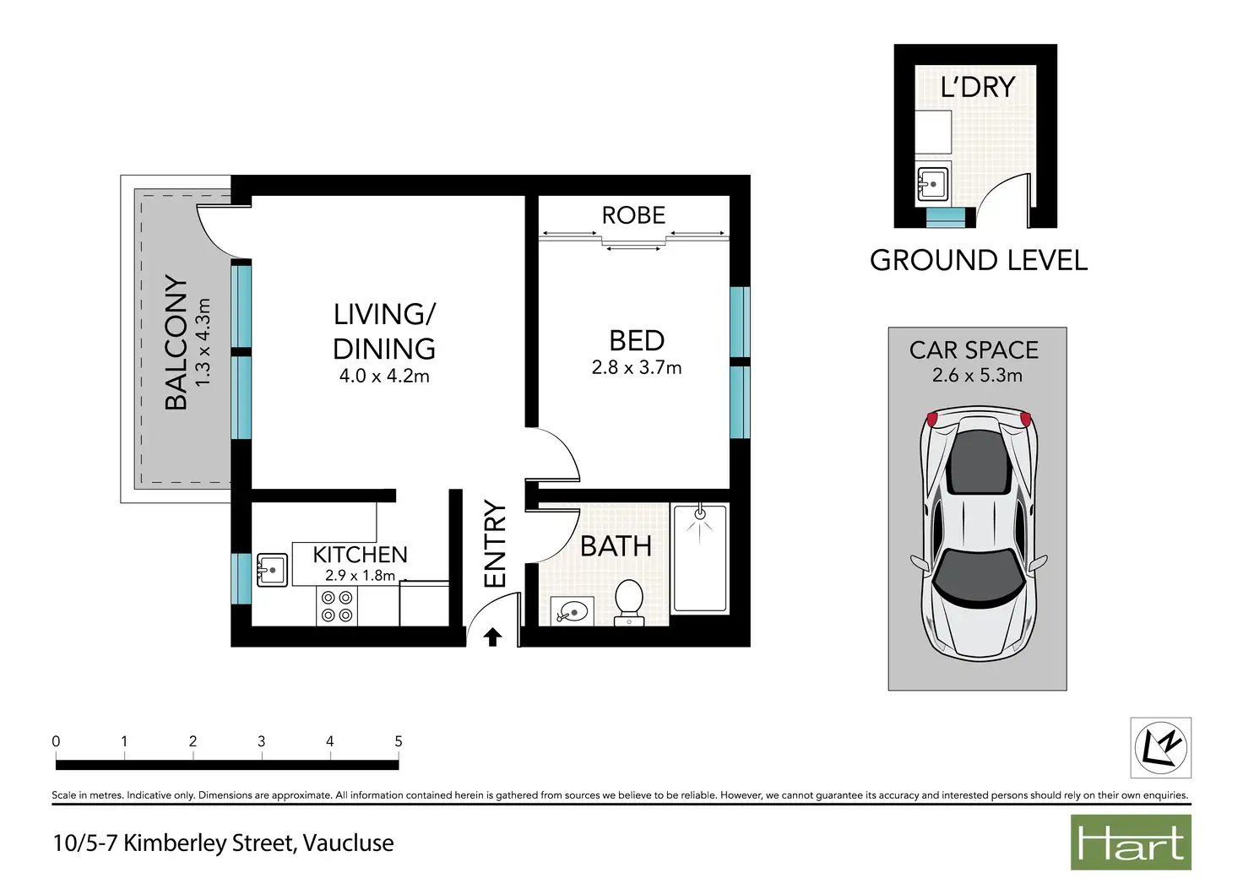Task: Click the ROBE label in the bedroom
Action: point(633,215)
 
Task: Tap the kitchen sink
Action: point(272,570)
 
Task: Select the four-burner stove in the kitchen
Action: point(337,607)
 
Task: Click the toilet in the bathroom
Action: point(629,603)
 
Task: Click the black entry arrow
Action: point(492,637)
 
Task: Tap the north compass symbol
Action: point(1161,748)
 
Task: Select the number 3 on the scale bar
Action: point(262,741)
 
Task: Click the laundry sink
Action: point(932,183)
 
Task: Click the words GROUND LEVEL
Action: point(979,260)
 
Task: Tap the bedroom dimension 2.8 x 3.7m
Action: point(637,367)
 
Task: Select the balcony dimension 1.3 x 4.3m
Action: point(204,343)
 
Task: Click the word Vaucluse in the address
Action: point(349,843)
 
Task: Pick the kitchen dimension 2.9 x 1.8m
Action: point(360,575)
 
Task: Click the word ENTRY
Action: point(495,544)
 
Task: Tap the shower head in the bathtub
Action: point(700,515)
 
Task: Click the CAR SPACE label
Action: point(974,350)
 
